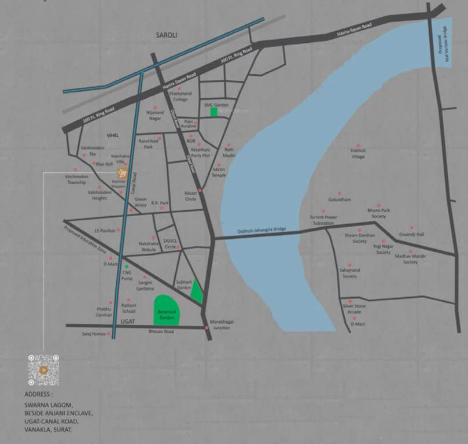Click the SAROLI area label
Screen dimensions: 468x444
[x=167, y=35]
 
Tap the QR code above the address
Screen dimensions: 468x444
[x=43, y=370]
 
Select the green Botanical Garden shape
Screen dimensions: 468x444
[x=167, y=310]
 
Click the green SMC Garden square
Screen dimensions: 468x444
[x=214, y=112]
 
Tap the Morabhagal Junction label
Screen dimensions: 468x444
[x=222, y=324]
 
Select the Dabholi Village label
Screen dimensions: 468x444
[x=358, y=154]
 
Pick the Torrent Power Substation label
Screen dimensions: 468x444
[x=323, y=220]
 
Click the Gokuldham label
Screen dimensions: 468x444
[x=340, y=199]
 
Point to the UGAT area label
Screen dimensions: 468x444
[x=127, y=321]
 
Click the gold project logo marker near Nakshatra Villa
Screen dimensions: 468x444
[x=121, y=172]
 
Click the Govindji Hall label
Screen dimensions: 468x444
[x=411, y=234]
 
